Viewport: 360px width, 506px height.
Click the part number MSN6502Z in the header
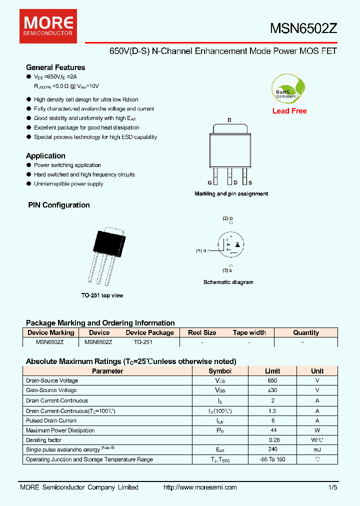click(303, 28)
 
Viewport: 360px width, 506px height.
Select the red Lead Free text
click(289, 111)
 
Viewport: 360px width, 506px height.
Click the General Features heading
click(55, 67)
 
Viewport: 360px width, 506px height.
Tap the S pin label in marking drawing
click(250, 183)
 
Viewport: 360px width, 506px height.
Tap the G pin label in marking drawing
click(210, 183)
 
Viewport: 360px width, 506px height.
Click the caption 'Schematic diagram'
click(228, 282)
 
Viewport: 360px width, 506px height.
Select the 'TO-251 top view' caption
click(102, 295)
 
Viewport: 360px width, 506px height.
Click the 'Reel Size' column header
click(202, 332)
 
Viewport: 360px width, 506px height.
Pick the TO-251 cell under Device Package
click(143, 342)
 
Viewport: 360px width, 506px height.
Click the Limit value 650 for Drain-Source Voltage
click(272, 380)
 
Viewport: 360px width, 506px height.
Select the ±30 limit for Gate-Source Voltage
click(272, 390)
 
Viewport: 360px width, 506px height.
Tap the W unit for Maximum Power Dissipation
click(317, 430)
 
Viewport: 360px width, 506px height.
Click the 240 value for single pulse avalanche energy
click(272, 450)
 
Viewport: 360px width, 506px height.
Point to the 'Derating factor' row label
click(44, 440)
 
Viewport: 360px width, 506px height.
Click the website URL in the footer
click(200, 487)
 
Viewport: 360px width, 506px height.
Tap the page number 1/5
click(333, 487)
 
